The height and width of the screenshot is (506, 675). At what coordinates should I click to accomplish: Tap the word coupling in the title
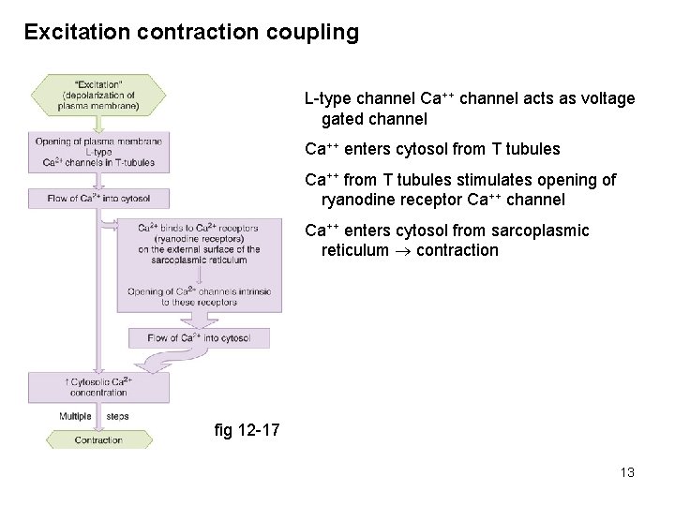312,33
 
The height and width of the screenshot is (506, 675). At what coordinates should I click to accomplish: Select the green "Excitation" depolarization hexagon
98,93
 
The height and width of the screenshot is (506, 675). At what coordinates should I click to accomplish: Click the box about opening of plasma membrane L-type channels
98,152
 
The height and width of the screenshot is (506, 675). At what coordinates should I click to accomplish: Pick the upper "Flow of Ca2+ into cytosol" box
98,198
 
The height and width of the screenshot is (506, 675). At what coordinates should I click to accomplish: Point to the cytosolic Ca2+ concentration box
98,388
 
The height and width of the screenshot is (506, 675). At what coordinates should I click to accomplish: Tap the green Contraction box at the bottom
98,439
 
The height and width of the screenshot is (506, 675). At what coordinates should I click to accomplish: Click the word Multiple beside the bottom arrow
76,415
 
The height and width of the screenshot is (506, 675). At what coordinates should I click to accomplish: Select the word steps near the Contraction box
118,415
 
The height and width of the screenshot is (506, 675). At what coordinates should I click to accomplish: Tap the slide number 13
627,472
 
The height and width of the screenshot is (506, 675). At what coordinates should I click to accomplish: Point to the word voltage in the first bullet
609,98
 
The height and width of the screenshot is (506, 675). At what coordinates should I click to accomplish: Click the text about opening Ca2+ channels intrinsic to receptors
199,295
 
